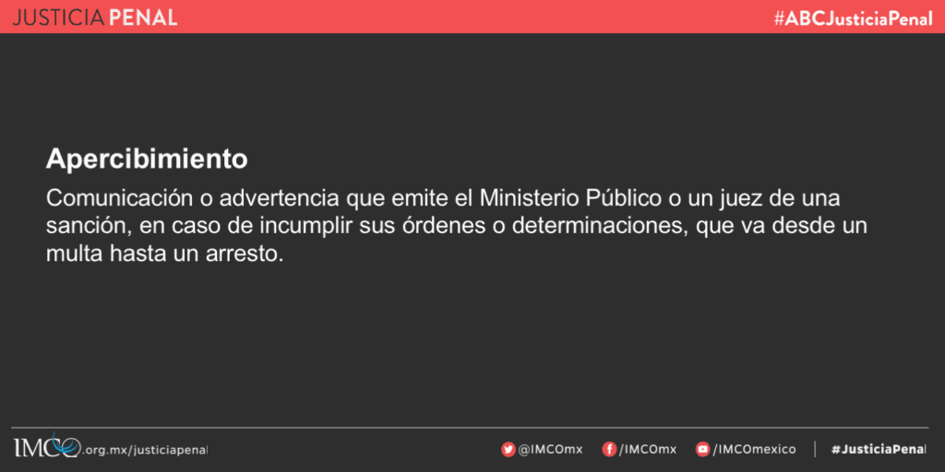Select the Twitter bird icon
coord(508,449)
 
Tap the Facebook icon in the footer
coord(609,449)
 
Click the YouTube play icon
coord(702,449)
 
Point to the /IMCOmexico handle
coord(754,449)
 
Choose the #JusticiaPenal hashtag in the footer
coord(879,450)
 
